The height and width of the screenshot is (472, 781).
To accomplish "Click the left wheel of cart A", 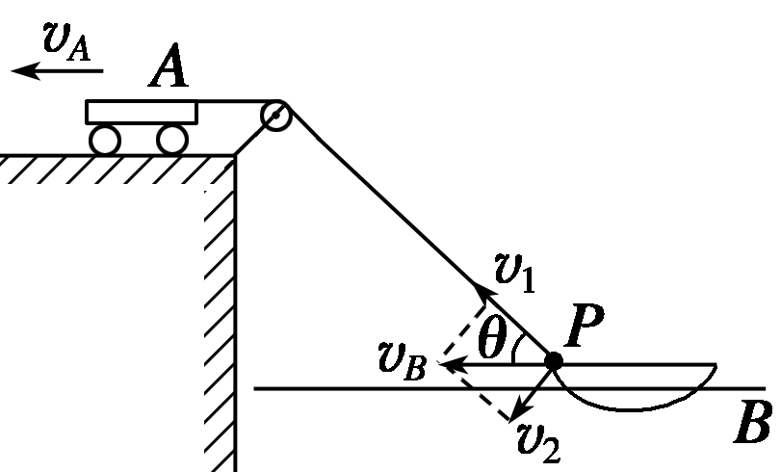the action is coord(104,141).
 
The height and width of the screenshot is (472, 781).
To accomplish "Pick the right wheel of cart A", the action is coord(171,141).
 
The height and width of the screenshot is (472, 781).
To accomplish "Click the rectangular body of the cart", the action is coord(142,112).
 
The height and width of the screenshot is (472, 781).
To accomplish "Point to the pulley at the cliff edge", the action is coord(275,115).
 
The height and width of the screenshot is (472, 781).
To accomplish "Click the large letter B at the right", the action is coord(751,425).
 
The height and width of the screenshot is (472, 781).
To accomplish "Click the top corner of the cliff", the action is coord(234,155).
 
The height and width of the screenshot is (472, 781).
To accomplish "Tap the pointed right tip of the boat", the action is coord(716,364).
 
